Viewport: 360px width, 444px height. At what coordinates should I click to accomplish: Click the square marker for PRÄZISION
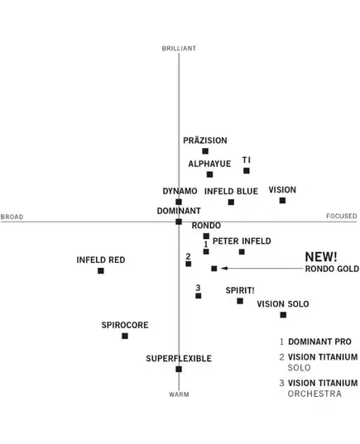pos(205,151)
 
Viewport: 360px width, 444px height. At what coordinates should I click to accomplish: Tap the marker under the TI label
pos(247,171)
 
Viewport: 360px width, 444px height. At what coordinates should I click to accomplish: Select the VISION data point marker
pos(282,200)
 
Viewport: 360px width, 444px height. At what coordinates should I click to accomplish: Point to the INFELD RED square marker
pos(101,271)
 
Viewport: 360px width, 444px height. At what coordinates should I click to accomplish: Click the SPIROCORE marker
pos(125,337)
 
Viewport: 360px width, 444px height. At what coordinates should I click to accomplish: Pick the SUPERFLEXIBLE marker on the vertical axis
pos(179,370)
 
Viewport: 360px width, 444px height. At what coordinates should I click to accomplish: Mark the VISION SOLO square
pos(283,315)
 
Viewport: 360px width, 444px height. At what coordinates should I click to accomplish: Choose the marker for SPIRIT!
pos(240,301)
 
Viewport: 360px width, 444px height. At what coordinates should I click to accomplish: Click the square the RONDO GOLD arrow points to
pos(214,269)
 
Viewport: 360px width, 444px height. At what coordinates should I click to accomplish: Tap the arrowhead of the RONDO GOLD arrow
pos(223,268)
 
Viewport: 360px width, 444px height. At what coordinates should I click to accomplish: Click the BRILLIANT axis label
pos(179,49)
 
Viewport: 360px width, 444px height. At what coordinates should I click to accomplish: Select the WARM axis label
pos(179,394)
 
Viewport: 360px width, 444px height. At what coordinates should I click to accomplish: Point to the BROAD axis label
pos(12,217)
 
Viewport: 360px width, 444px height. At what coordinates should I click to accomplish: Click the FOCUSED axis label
pos(342,216)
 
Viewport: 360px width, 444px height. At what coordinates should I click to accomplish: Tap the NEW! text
pos(321,257)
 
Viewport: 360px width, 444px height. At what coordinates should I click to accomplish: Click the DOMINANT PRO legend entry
pos(315,341)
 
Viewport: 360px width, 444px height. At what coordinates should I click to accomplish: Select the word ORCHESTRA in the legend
pos(314,394)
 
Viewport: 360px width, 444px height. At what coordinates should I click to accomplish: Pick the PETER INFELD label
pos(242,241)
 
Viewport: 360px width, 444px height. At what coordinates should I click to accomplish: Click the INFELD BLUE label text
pos(231,192)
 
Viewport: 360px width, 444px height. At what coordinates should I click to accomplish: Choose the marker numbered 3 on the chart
pos(199,296)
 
